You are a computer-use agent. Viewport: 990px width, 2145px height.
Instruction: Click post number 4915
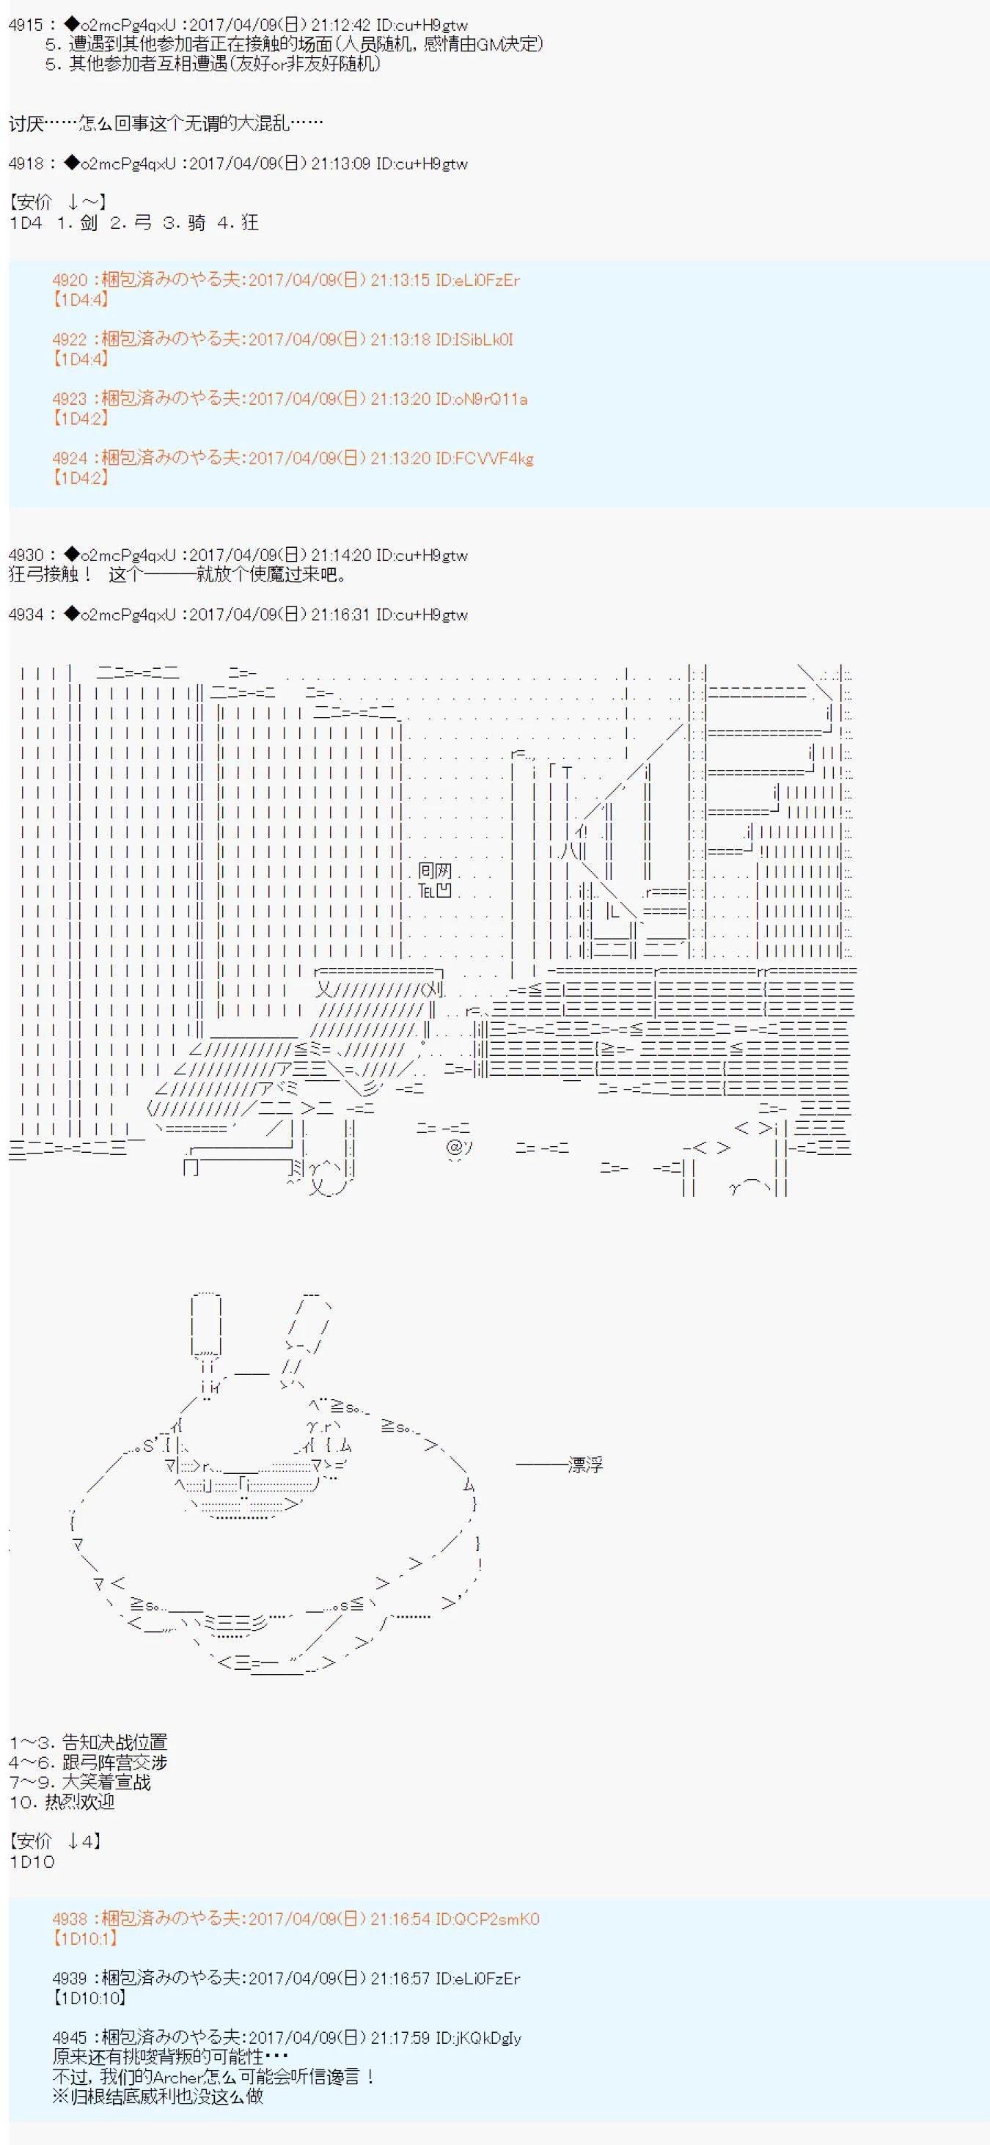click(25, 25)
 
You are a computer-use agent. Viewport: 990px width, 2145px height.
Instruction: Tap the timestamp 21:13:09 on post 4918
click(342, 164)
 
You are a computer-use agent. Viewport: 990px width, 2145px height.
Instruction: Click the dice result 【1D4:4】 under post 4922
click(81, 359)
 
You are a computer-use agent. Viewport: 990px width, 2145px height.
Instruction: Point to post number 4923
click(69, 399)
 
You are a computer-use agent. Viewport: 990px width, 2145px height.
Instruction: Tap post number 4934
click(25, 615)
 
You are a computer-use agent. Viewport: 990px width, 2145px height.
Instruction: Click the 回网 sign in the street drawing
click(435, 871)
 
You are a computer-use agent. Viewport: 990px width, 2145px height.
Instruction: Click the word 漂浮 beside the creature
click(584, 1464)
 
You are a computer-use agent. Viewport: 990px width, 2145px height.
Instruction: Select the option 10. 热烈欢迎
click(62, 1801)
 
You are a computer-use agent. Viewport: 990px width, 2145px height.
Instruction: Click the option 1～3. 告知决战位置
click(88, 1742)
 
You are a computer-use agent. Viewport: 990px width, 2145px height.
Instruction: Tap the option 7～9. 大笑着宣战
click(80, 1782)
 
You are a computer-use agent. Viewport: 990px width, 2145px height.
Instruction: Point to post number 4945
click(69, 2038)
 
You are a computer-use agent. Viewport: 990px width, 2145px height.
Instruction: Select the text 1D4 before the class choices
click(25, 222)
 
